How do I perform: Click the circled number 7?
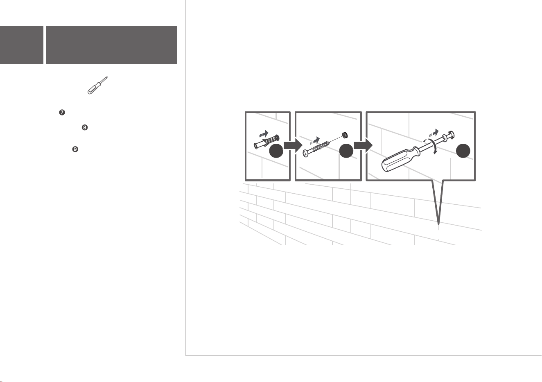(62, 112)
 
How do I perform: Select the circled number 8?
(84, 127)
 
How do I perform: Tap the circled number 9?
(75, 149)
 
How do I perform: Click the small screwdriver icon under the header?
(97, 86)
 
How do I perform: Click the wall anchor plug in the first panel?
(266, 142)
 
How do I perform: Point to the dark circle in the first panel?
(276, 151)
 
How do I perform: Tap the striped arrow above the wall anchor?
(264, 134)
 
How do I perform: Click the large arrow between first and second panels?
(293, 145)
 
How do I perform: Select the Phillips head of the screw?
(306, 153)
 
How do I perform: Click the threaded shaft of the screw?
(319, 147)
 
